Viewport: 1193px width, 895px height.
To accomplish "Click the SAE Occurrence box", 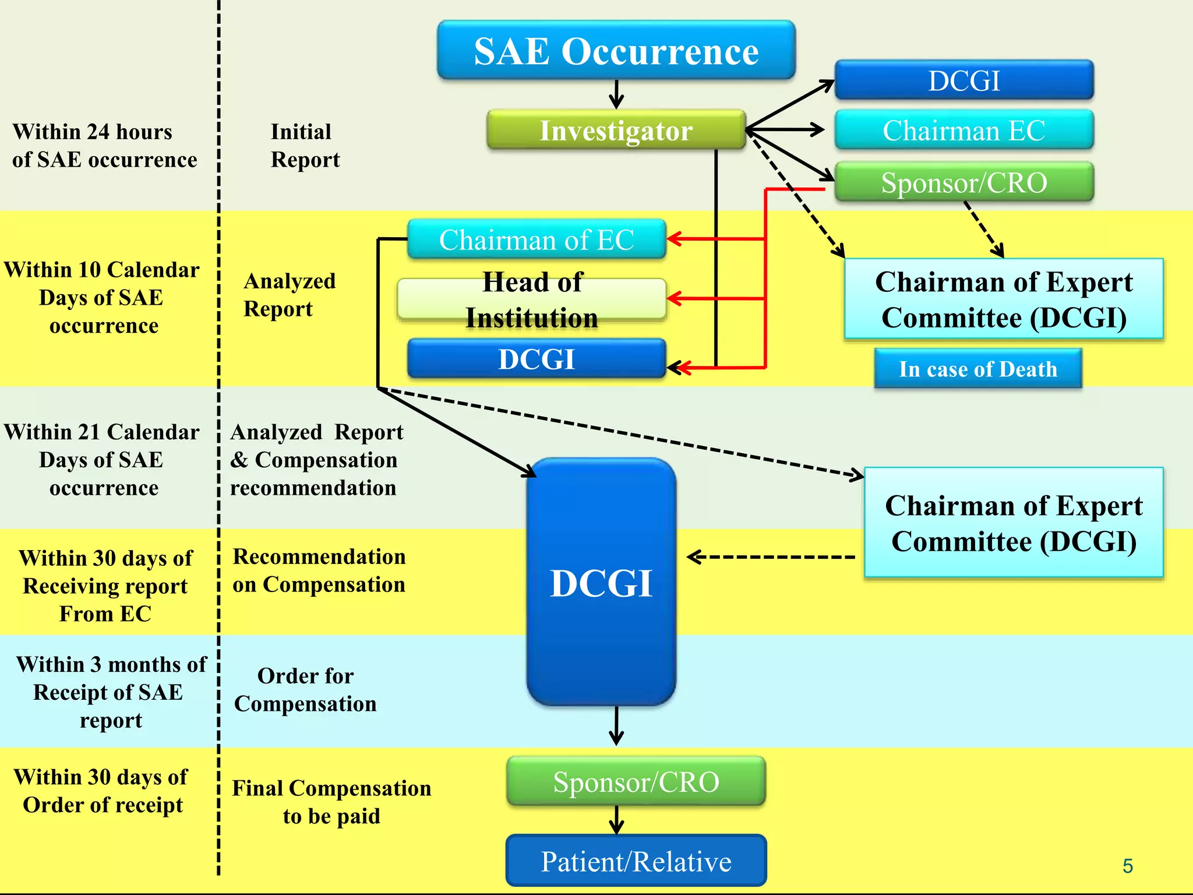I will [x=616, y=51].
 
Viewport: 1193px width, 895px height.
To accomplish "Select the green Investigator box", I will [x=616, y=130].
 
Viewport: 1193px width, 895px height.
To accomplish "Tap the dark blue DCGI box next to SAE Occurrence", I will [x=963, y=80].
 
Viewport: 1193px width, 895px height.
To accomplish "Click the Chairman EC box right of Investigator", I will [x=963, y=130].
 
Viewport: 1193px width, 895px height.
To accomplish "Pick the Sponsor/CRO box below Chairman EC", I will [x=963, y=182].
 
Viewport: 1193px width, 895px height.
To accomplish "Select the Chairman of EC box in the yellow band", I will [x=536, y=239].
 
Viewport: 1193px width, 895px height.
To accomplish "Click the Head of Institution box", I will [x=531, y=299].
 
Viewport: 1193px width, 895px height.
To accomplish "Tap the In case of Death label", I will [x=977, y=369].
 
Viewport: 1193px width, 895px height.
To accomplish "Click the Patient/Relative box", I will [x=636, y=861].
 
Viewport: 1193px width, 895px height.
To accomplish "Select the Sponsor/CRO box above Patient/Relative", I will [x=636, y=781].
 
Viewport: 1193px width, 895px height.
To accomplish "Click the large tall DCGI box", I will [x=601, y=583].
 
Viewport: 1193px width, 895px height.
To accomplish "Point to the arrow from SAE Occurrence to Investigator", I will [x=616, y=94].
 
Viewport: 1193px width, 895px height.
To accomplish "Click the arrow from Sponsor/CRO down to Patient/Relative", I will [x=616, y=820].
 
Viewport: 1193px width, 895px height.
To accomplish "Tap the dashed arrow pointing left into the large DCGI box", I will [x=769, y=557].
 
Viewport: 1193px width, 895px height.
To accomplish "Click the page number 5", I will [x=1127, y=866].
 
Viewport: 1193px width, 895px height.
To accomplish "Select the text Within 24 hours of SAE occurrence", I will [x=104, y=146].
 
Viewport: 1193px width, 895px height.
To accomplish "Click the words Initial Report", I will [x=304, y=146].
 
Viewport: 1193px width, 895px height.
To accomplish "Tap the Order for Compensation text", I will [x=305, y=690].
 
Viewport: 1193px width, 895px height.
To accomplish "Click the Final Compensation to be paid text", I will [x=331, y=802].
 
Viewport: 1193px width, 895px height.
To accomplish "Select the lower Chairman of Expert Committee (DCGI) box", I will [x=1014, y=523].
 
